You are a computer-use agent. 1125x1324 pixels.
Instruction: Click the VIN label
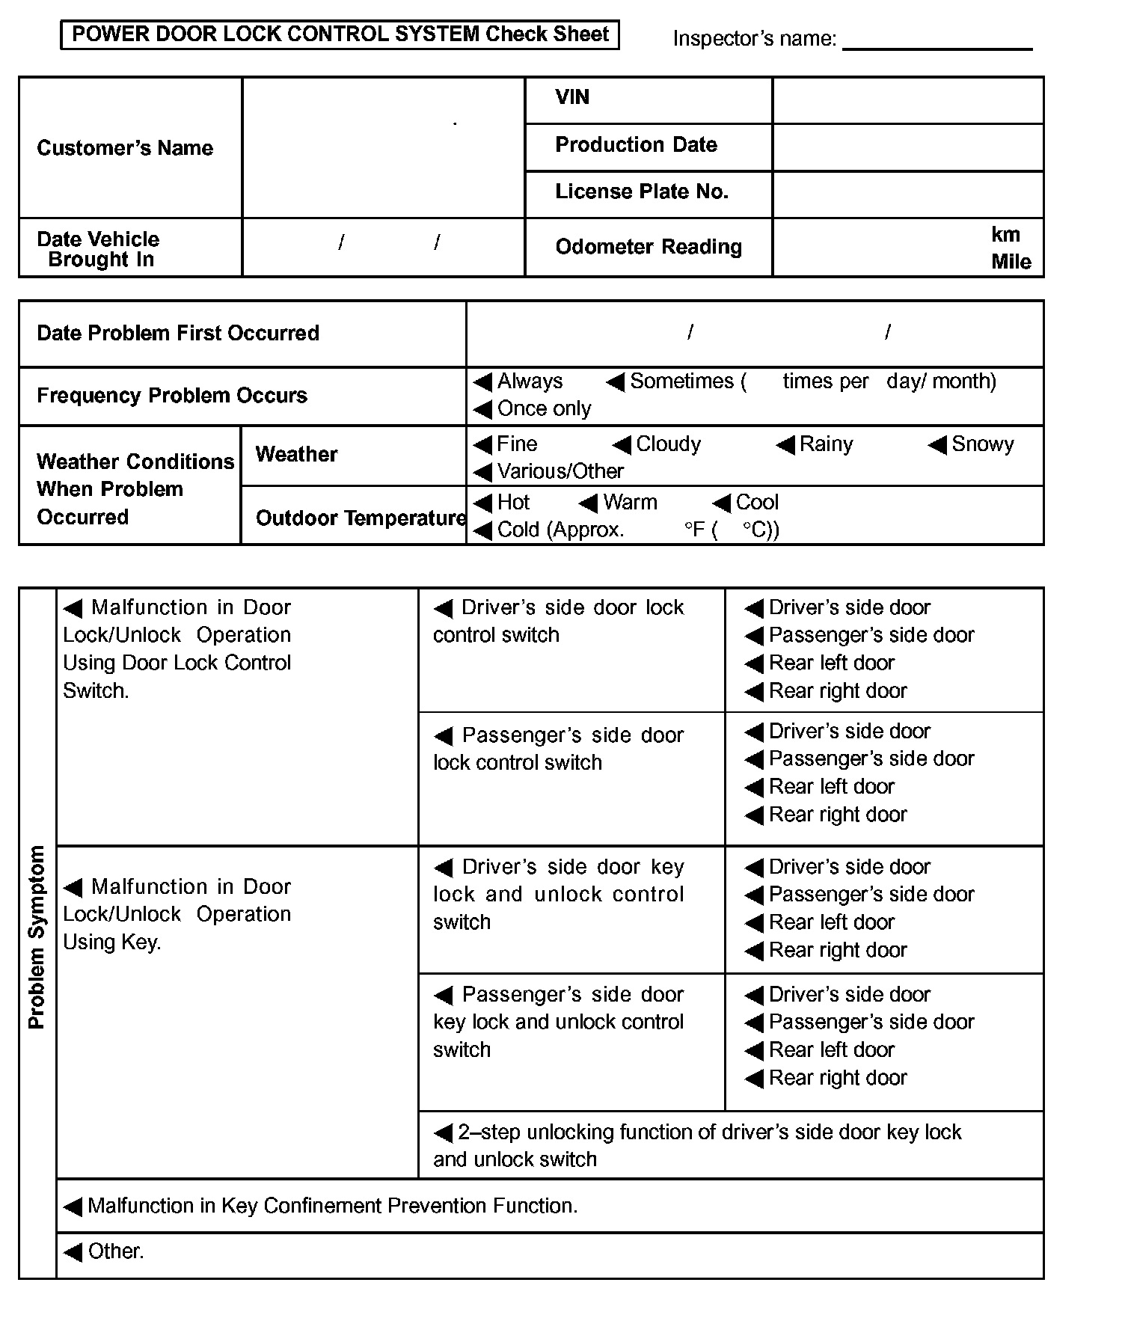(x=572, y=97)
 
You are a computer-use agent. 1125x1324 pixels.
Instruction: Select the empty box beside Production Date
(x=907, y=147)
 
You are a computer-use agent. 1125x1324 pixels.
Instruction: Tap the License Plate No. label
(x=641, y=191)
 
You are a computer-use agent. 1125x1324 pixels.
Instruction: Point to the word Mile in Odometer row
(x=1011, y=262)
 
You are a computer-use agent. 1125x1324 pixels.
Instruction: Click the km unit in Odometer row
(x=1005, y=234)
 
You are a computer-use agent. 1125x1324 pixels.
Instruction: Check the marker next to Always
(x=482, y=382)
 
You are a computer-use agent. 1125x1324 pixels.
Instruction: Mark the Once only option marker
(x=482, y=409)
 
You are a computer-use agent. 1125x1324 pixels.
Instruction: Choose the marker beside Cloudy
(x=622, y=445)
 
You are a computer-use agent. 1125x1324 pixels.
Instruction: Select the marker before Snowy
(x=937, y=445)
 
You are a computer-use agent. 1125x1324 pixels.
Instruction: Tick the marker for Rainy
(x=785, y=445)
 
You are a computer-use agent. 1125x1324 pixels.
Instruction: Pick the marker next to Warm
(x=589, y=503)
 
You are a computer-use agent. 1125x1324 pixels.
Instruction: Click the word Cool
(x=757, y=502)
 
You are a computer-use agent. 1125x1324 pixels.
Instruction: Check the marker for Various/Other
(x=482, y=472)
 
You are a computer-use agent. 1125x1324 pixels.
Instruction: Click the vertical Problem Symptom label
(x=37, y=937)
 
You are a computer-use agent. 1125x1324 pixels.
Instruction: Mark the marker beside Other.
(x=73, y=1252)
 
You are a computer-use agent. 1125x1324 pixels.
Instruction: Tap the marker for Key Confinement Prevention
(x=73, y=1207)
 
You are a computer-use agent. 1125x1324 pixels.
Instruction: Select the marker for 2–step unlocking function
(x=444, y=1133)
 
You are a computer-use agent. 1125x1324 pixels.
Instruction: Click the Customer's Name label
(x=125, y=148)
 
